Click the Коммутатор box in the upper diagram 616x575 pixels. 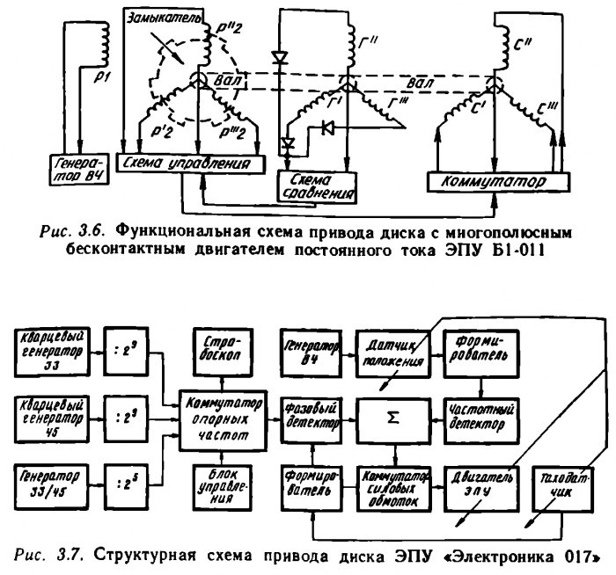click(x=495, y=182)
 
